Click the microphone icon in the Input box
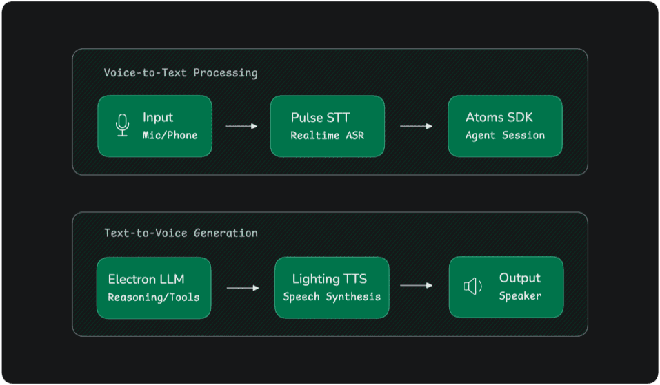[122, 126]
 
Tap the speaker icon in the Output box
[473, 287]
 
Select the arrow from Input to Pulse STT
[241, 126]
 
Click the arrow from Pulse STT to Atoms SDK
[416, 126]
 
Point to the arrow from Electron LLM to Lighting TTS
[242, 288]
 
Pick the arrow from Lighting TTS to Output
[416, 285]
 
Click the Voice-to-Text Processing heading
[181, 73]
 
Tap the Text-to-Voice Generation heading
[181, 233]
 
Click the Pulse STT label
[320, 118]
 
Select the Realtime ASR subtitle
[327, 135]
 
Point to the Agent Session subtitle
[505, 135]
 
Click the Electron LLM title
[146, 280]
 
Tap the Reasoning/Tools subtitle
[153, 298]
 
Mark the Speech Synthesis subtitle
[332, 297]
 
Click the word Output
[519, 278]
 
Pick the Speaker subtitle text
[520, 296]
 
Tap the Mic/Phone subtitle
[170, 135]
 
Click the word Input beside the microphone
[158, 118]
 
